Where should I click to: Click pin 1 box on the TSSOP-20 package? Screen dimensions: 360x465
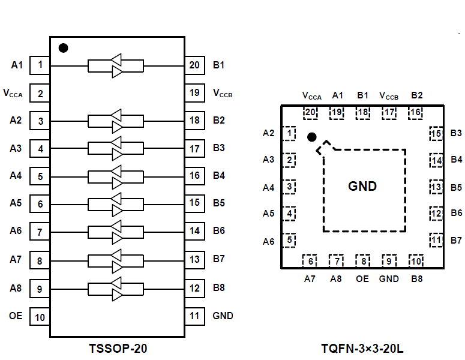coord(40,65)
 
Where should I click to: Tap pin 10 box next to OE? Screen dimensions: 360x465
coord(40,317)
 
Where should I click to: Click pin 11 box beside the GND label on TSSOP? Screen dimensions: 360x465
coord(194,316)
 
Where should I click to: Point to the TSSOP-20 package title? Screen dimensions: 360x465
coord(117,347)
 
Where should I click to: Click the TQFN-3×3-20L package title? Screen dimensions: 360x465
coord(362,347)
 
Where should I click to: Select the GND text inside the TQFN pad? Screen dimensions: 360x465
coord(362,186)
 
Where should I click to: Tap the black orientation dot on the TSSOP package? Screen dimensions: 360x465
coord(63,47)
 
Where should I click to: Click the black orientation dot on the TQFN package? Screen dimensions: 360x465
coord(311,137)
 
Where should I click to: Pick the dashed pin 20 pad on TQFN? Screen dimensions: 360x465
coord(310,112)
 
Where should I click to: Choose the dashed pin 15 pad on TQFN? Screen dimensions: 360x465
coord(436,134)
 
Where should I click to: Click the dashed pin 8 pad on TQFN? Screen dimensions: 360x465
coord(362,260)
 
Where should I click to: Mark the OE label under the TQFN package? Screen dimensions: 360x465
coord(362,278)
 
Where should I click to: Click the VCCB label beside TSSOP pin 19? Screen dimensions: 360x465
coord(223,94)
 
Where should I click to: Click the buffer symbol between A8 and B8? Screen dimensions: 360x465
coord(116,289)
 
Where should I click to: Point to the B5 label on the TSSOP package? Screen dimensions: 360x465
coord(218,203)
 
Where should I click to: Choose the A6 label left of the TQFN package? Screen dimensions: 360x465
coord(268,241)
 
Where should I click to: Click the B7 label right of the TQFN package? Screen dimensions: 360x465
coord(457,241)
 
